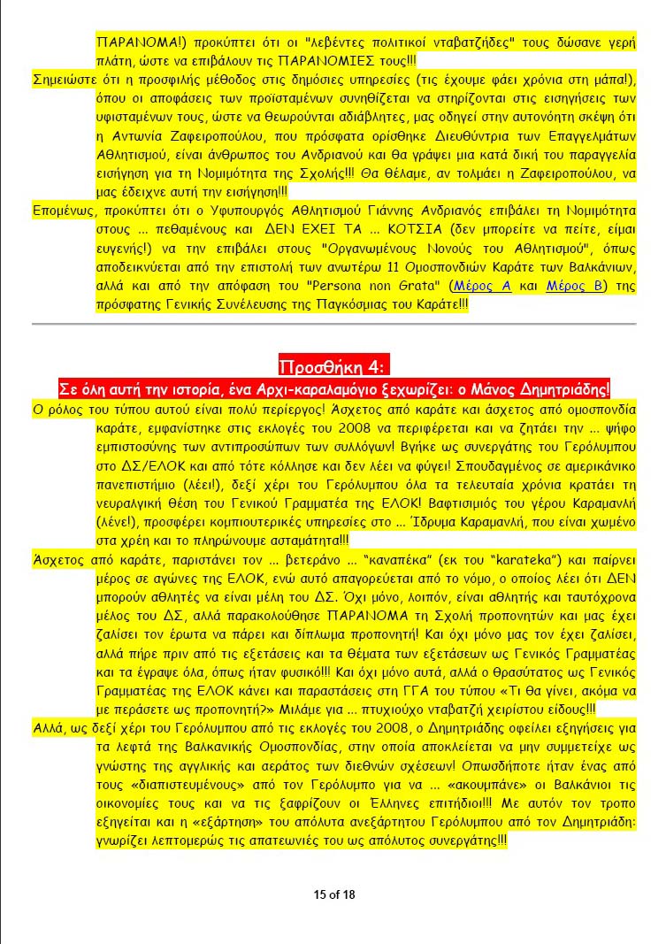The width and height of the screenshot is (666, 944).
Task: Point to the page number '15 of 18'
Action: coord(334,894)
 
